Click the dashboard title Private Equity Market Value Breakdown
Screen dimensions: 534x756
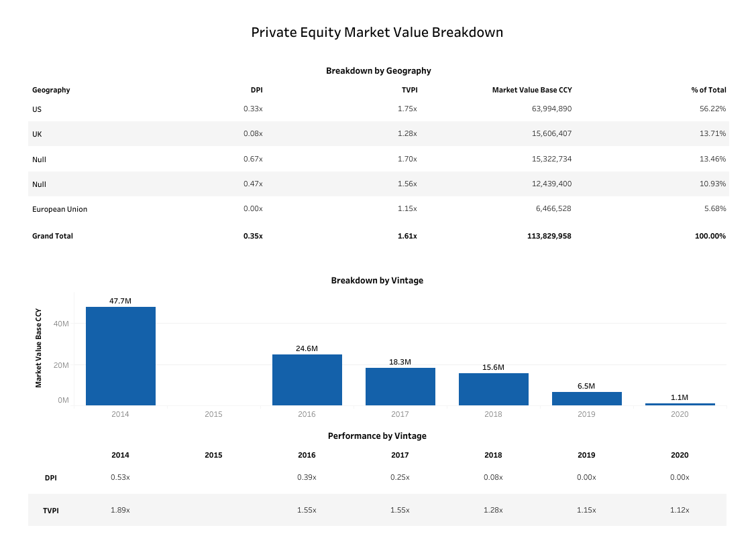tap(377, 32)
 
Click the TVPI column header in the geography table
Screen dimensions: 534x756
tap(409, 90)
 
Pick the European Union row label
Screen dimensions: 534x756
tap(60, 209)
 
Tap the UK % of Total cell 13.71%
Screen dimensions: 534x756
tap(712, 133)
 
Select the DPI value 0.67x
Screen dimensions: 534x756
tap(253, 159)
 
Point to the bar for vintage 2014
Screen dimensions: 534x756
tap(121, 356)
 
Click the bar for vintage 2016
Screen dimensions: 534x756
tap(307, 380)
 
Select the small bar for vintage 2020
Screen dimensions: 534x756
tap(680, 404)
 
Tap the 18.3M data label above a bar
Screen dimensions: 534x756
tap(400, 362)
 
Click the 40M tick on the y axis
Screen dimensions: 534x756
tap(62, 324)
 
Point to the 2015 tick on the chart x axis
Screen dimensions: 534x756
tap(213, 414)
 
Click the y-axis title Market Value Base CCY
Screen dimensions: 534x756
tap(38, 348)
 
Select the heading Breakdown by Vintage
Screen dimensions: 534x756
tap(377, 281)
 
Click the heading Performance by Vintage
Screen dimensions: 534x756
tap(377, 436)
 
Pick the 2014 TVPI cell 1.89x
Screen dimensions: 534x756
tap(120, 510)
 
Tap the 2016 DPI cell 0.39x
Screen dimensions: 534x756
tap(307, 477)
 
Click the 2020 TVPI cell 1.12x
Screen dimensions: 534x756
tap(680, 510)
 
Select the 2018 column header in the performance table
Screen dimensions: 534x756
tap(493, 455)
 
